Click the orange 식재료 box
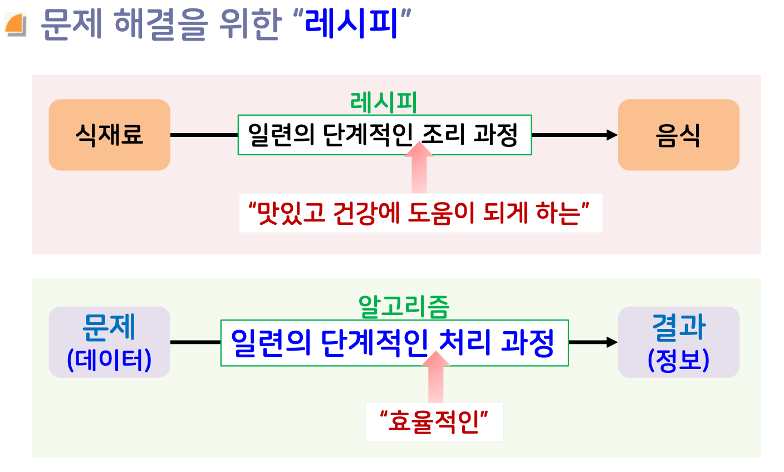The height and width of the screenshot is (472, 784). coord(109,135)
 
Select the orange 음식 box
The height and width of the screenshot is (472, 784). coord(678,135)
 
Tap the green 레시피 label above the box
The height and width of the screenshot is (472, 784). coord(384,102)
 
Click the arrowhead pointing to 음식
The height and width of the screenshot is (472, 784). coord(612,135)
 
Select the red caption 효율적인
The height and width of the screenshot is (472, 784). coord(434,421)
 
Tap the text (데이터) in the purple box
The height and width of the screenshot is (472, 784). coord(109,360)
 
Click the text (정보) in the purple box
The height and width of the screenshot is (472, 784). coord(678,360)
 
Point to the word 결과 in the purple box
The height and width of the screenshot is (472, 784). coord(678,327)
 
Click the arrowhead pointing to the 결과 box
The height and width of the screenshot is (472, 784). coord(612,342)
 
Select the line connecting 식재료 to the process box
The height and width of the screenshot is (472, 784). coord(204,135)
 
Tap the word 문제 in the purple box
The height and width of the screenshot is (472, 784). coord(109,327)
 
